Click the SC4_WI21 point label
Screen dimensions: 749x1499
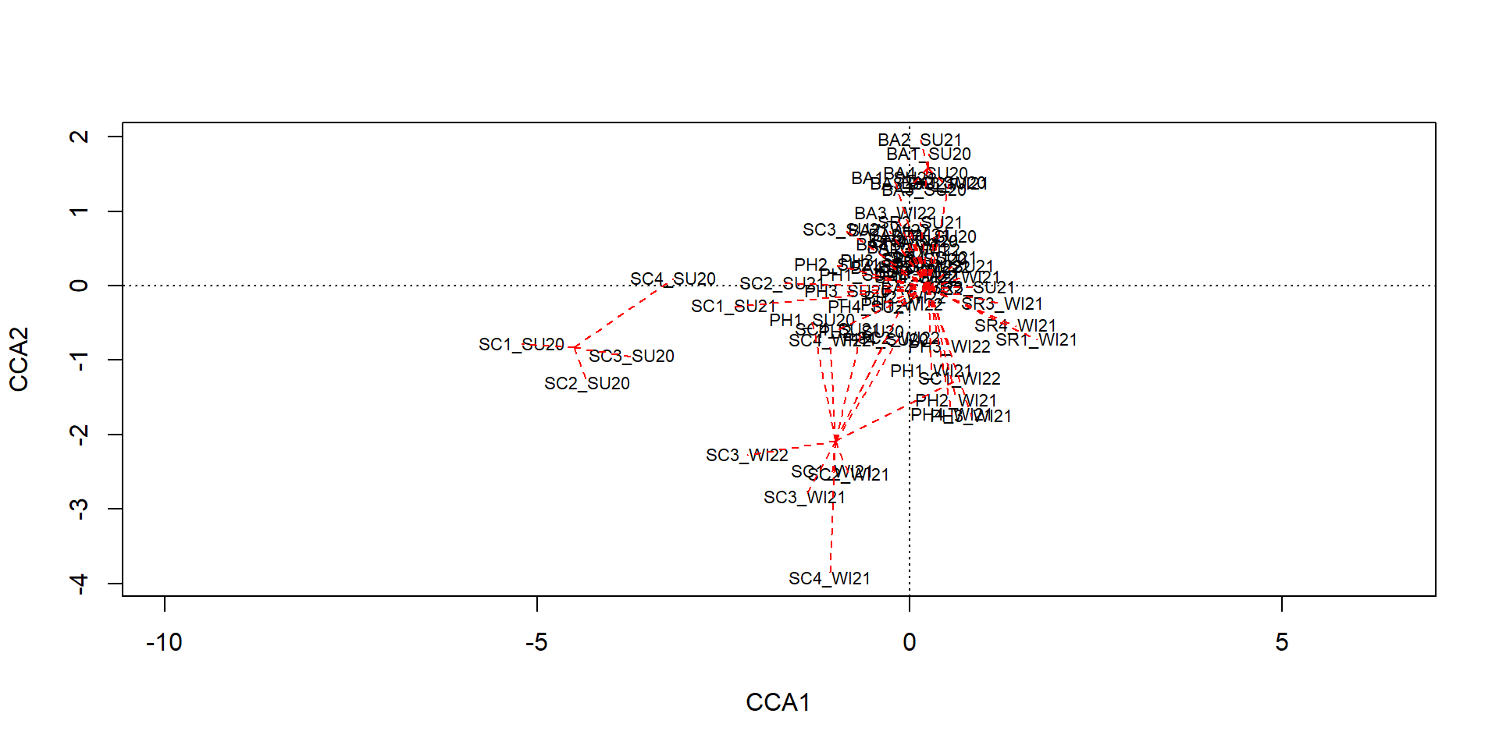(x=829, y=578)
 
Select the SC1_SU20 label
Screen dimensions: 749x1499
(x=521, y=344)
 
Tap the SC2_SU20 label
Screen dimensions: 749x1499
(x=586, y=383)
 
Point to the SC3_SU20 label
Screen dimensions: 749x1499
(x=631, y=356)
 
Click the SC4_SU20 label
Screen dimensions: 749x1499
(x=672, y=279)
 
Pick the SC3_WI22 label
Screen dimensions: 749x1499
(x=746, y=455)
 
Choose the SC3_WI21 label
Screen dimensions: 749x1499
(x=804, y=497)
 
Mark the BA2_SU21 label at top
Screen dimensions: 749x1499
(x=919, y=140)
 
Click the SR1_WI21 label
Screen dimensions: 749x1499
(x=1036, y=339)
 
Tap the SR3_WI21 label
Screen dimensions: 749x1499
(x=1002, y=304)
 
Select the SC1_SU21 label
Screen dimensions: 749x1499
(x=733, y=306)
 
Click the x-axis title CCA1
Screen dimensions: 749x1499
(x=778, y=702)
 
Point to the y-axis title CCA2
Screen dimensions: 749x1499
(x=19, y=359)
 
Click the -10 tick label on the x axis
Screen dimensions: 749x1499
(x=164, y=642)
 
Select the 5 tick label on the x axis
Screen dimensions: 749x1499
(x=1281, y=642)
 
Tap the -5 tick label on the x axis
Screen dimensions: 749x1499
(x=536, y=642)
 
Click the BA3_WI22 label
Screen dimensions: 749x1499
(x=895, y=213)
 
